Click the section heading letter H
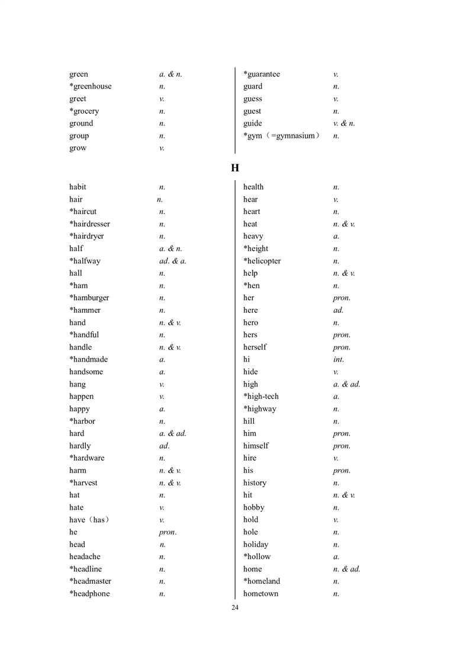click(x=235, y=168)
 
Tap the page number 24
click(x=235, y=608)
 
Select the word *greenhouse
click(x=90, y=87)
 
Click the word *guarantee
click(x=262, y=74)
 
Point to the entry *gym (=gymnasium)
click(x=282, y=136)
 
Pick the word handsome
click(x=86, y=372)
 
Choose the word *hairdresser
click(x=89, y=224)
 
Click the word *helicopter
click(x=262, y=261)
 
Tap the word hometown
click(x=260, y=594)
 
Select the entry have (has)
click(x=89, y=520)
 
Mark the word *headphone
click(x=89, y=594)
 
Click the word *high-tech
click(x=261, y=397)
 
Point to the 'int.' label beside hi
click(x=339, y=359)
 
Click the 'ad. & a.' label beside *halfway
click(x=173, y=261)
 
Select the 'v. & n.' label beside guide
click(x=344, y=123)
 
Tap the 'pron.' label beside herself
click(x=342, y=347)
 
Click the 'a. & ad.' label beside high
click(x=347, y=384)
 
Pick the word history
click(x=255, y=483)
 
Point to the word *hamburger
click(x=89, y=298)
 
